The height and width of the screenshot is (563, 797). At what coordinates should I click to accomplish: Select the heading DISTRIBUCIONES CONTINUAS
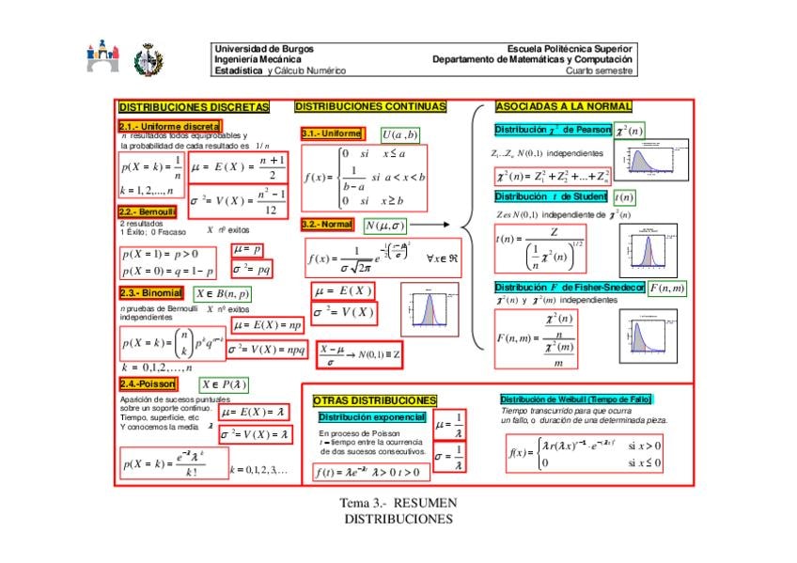(370, 107)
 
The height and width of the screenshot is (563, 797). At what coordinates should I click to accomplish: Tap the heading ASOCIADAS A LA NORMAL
(563, 107)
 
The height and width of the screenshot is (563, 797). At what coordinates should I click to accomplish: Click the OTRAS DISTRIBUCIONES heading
(374, 400)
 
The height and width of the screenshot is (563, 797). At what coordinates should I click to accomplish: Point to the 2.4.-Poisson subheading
(148, 384)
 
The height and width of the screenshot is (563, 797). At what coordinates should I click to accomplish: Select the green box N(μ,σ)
(384, 226)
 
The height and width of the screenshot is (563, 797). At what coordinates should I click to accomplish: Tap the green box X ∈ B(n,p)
(223, 293)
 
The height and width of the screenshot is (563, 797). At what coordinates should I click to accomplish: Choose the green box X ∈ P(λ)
(225, 384)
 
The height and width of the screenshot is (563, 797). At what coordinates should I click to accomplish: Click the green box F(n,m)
(667, 288)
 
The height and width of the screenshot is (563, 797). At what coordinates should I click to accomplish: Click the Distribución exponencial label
(372, 416)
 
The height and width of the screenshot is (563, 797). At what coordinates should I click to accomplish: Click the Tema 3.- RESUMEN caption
(398, 503)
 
